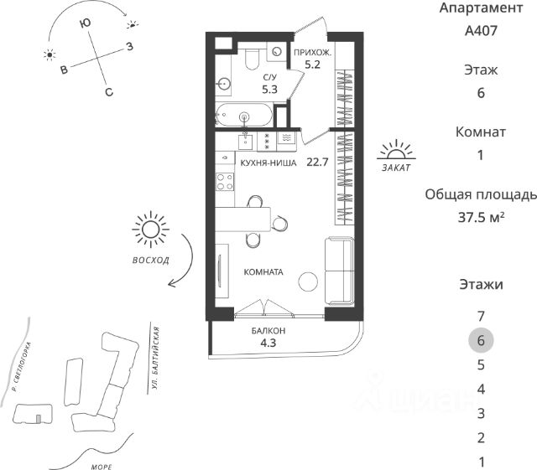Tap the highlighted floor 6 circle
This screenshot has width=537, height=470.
(481, 340)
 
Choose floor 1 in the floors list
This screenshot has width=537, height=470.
(481, 462)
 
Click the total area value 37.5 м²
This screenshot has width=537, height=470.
(480, 217)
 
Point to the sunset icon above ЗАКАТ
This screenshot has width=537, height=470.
(395, 151)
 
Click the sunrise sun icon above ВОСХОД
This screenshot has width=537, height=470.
(151, 229)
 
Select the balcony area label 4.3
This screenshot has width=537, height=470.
(268, 343)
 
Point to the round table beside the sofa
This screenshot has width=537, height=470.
(310, 281)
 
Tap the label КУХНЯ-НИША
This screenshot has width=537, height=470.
(268, 163)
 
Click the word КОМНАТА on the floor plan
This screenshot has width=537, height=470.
(263, 272)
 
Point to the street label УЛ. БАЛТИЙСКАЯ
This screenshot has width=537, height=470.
(157, 359)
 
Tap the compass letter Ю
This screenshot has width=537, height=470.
(85, 26)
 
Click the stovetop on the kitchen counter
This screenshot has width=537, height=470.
(225, 178)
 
